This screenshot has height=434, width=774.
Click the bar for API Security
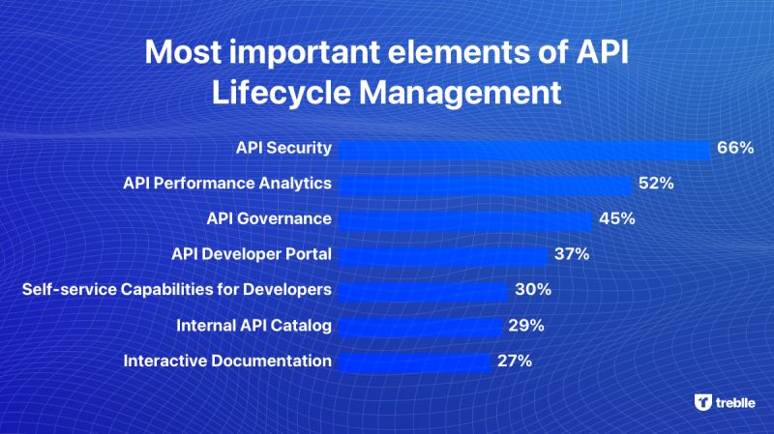click(524, 150)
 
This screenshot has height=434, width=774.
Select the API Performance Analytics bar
click(486, 186)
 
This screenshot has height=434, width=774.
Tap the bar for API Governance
click(465, 221)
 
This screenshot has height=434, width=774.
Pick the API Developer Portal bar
click(443, 256)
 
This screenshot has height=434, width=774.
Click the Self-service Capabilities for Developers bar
click(423, 292)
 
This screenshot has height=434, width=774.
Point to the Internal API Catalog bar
click(420, 328)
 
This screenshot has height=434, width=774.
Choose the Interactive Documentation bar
click(415, 363)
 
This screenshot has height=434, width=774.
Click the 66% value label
click(735, 148)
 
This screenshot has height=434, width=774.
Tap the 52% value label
click(656, 183)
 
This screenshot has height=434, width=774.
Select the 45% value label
click(617, 218)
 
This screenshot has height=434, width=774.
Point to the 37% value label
click(572, 254)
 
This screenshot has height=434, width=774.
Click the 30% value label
click(533, 290)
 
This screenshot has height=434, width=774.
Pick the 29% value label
click(526, 326)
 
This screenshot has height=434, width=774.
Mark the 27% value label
click(515, 361)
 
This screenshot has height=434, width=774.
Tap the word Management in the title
click(461, 93)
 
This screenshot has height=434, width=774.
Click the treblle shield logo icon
click(703, 402)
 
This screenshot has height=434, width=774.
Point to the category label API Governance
click(269, 218)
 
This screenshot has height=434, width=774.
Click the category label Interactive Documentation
click(227, 361)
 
